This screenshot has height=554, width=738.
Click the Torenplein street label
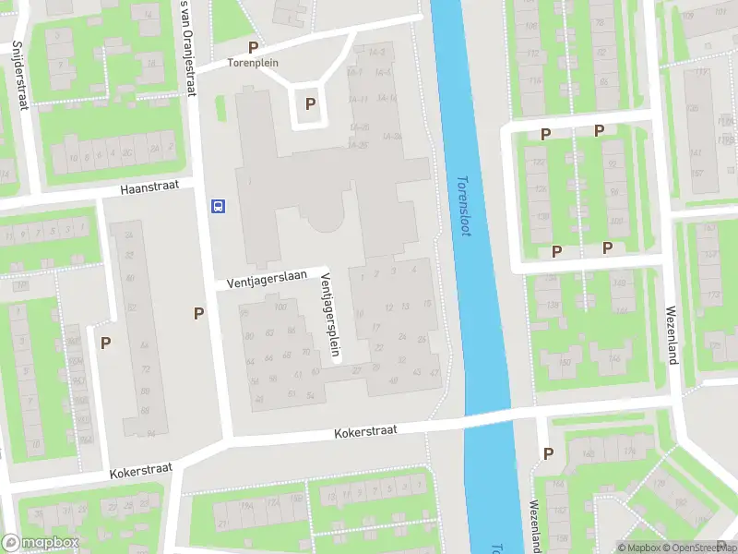point(254,65)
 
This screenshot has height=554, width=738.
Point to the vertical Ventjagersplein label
point(327,304)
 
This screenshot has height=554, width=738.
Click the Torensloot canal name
point(464,205)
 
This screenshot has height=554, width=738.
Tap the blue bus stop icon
point(219,205)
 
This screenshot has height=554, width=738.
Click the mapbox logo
point(39,543)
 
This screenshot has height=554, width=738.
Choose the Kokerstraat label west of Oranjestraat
point(140,471)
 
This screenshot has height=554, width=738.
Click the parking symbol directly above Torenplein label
point(253,47)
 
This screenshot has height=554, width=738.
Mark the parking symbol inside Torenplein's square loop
point(311,104)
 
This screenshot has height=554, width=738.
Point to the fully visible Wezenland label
point(672,335)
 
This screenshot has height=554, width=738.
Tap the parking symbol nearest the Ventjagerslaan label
point(198,313)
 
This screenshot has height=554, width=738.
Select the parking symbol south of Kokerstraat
point(549,453)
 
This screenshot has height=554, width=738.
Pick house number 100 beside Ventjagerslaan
point(280,307)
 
